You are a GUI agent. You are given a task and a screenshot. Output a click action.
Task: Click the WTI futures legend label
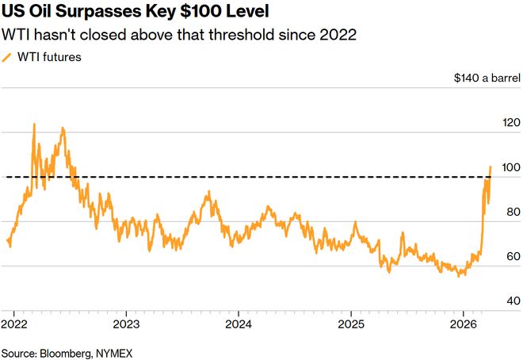coord(49,57)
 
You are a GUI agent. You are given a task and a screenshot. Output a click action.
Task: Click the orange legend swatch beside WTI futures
coord(6,58)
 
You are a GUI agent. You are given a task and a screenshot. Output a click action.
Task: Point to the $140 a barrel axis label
coord(487,78)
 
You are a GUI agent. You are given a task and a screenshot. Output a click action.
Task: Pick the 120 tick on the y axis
coord(511,123)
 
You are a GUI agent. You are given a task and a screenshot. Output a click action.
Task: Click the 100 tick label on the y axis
coord(511,167)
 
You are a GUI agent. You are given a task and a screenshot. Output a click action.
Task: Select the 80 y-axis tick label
coord(513,212)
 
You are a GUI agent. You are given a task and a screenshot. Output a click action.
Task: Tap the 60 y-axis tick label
coord(513,256)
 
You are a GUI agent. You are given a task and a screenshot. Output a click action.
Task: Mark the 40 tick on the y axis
coord(513,301)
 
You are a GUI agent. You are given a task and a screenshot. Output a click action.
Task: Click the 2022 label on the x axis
coord(14,324)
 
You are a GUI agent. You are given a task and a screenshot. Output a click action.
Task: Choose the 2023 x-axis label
coord(127,324)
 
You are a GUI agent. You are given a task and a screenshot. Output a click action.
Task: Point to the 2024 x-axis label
coord(239,324)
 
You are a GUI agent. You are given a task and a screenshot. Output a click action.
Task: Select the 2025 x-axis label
coord(351,324)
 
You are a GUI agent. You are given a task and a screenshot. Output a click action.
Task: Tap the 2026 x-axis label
coord(464,324)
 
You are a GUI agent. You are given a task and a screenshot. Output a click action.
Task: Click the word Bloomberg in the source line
coord(66,354)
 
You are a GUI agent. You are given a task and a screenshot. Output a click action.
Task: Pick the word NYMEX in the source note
coord(114,353)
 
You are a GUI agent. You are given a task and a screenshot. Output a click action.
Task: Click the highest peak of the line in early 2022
coord(34,124)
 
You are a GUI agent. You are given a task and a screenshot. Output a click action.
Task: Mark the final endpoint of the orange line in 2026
coord(491,167)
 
